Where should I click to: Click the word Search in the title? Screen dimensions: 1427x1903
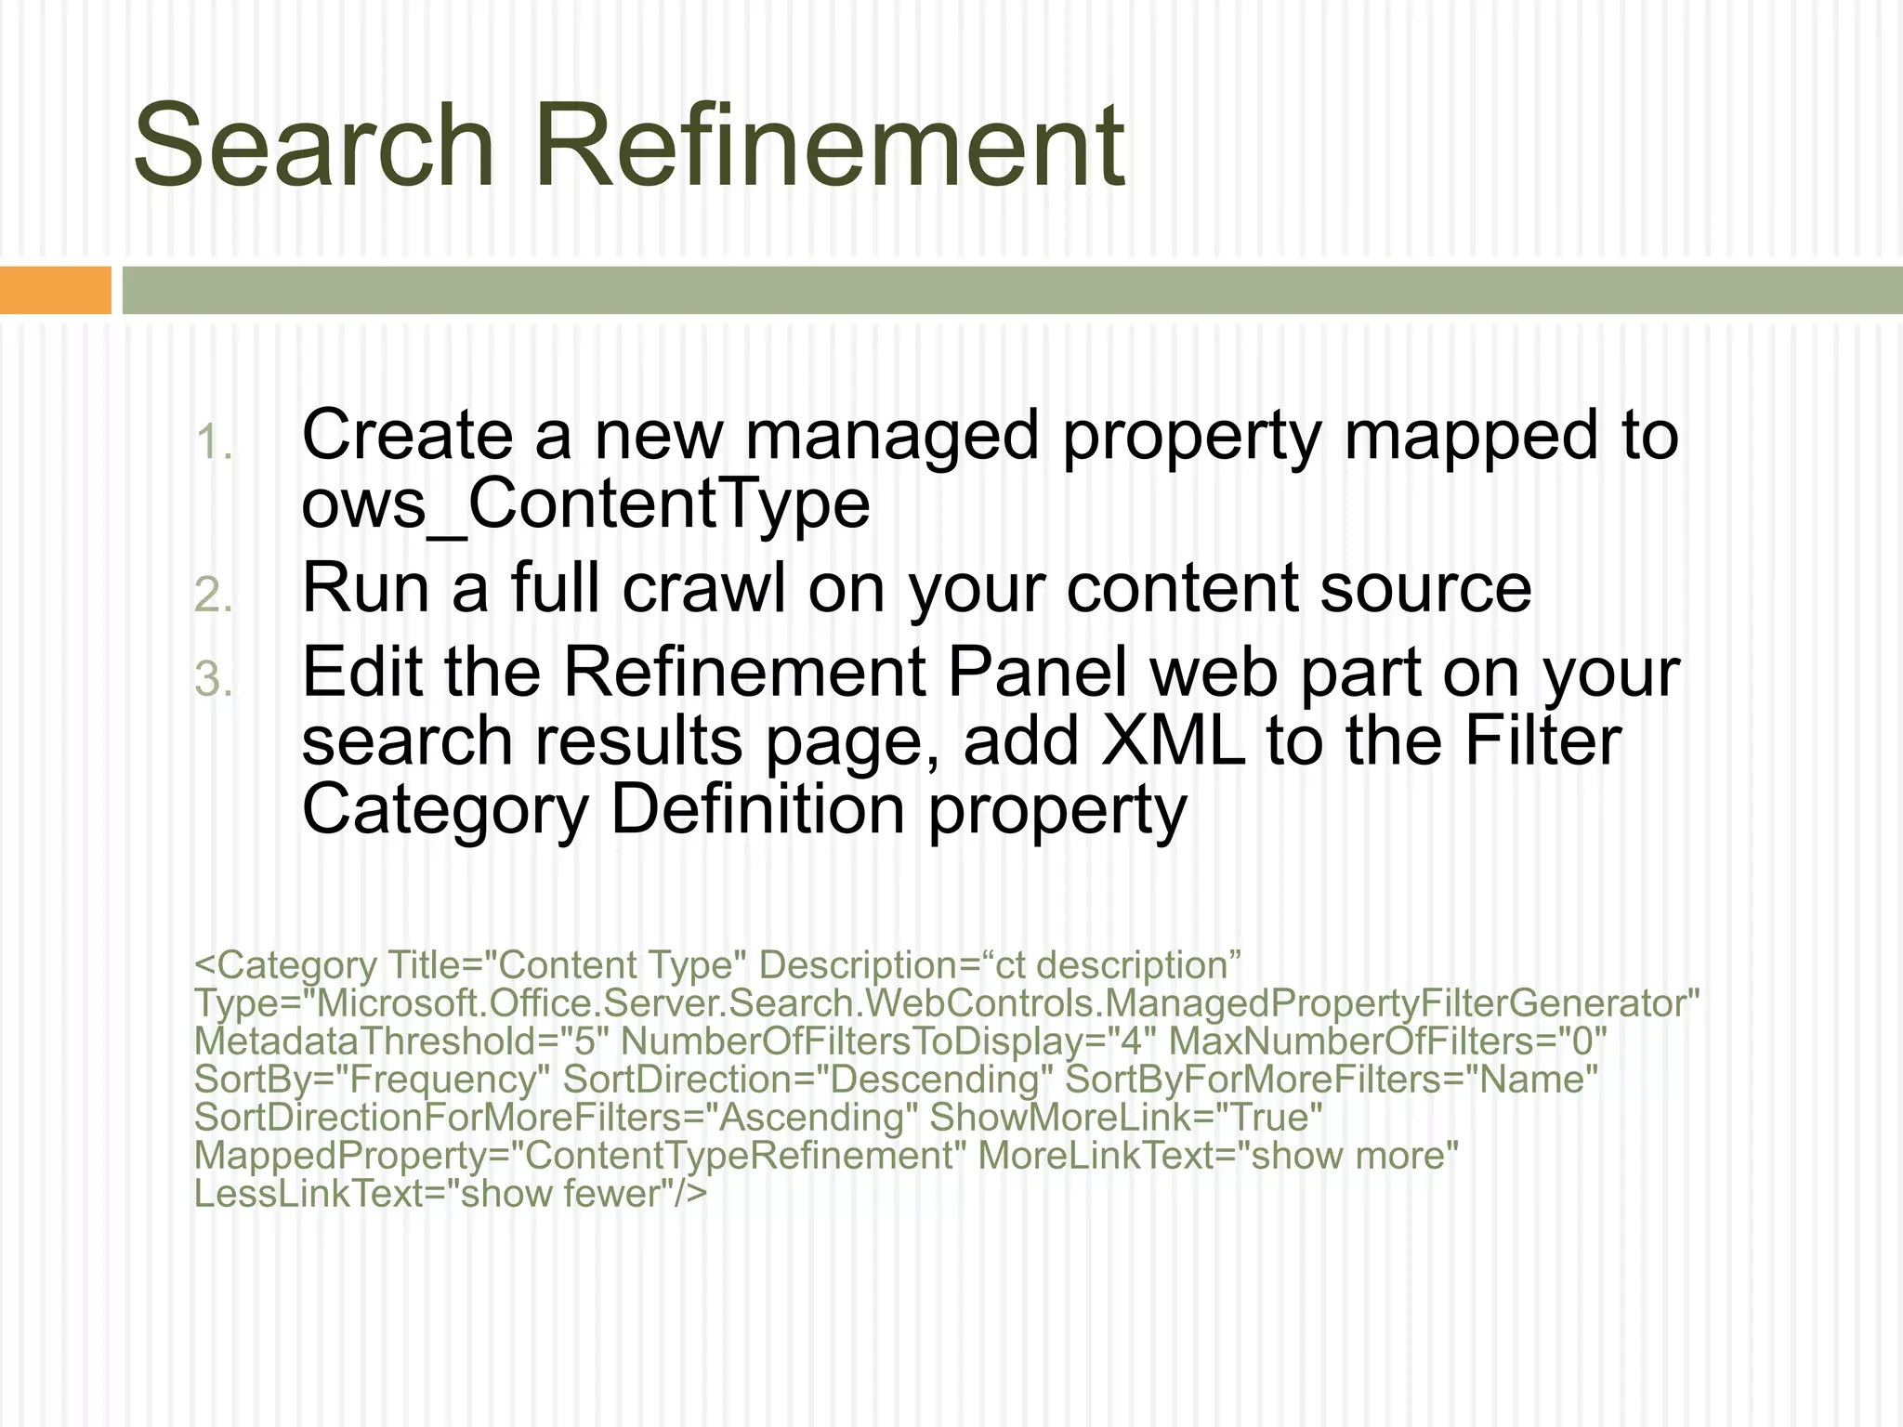pos(313,147)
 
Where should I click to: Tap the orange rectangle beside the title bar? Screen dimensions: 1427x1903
pos(55,290)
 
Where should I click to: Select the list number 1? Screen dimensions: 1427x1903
pos(214,442)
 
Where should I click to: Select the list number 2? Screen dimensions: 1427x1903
pos(214,596)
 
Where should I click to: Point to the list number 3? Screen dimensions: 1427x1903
pos(214,679)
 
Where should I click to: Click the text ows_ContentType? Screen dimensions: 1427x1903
pos(585,504)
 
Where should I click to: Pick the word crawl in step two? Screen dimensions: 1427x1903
pos(704,588)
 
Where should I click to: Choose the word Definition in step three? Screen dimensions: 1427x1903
pos(758,809)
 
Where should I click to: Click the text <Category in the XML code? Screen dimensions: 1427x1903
pos(285,966)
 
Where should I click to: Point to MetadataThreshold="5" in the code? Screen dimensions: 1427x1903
pos(401,1042)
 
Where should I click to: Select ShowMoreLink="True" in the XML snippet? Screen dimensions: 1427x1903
pos(1126,1118)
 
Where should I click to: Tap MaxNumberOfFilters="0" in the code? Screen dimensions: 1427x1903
pos(1387,1042)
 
